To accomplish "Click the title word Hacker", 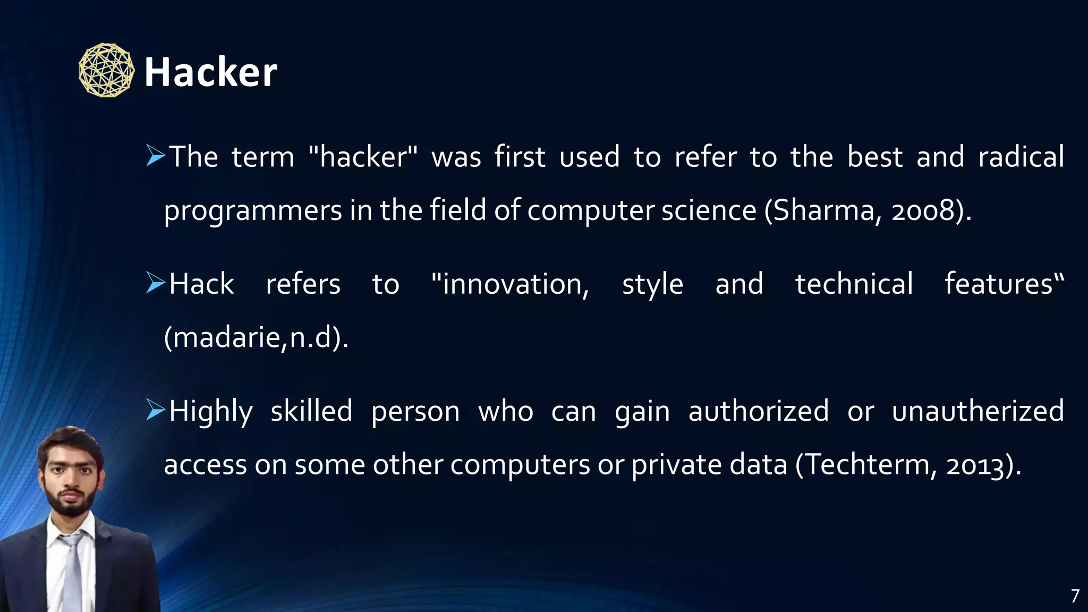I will pyautogui.click(x=210, y=72).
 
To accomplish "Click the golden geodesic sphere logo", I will pyautogui.click(x=106, y=70).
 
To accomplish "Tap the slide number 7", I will pyautogui.click(x=1075, y=596).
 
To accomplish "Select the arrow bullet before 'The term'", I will pyautogui.click(x=156, y=156).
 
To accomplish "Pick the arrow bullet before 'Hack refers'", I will pyautogui.click(x=156, y=283).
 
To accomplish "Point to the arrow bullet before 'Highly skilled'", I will pyautogui.click(x=156, y=410).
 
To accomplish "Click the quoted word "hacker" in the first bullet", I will pyautogui.click(x=363, y=157).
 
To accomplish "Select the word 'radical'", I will pyautogui.click(x=1021, y=157).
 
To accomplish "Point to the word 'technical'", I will pyautogui.click(x=854, y=284).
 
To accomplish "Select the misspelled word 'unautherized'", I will pyautogui.click(x=977, y=411).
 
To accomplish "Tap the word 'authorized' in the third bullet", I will pyautogui.click(x=759, y=411).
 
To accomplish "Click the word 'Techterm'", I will pyautogui.click(x=869, y=464).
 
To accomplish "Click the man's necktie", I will pyautogui.click(x=73, y=568).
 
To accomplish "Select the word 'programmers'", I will pyautogui.click(x=253, y=211).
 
